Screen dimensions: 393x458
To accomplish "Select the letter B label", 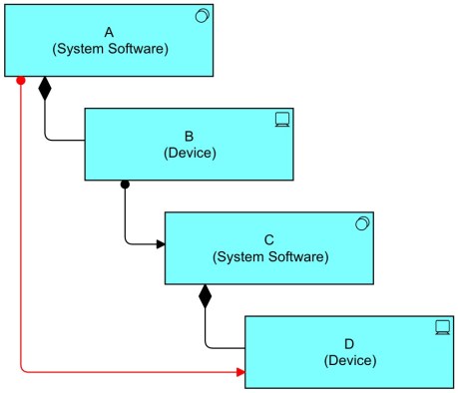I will click(189, 135).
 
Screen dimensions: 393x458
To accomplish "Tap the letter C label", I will click(269, 238).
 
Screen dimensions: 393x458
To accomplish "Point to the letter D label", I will click(350, 342).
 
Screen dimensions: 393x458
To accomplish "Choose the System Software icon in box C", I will click(363, 224).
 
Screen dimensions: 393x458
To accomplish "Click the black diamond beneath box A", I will click(44, 89).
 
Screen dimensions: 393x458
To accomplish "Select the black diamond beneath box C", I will click(206, 295).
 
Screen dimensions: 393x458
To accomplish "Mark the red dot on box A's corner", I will click(21, 79).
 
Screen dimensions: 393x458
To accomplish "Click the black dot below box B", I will click(125, 184).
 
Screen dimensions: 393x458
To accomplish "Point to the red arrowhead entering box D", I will click(239, 372).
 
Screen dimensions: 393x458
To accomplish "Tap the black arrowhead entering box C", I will click(159, 243).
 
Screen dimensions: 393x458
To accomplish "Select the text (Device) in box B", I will click(189, 153).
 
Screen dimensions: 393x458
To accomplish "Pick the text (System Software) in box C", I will click(269, 256).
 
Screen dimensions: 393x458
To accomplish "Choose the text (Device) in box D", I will click(350, 360).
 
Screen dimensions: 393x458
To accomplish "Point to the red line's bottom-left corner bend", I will click(23, 370).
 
